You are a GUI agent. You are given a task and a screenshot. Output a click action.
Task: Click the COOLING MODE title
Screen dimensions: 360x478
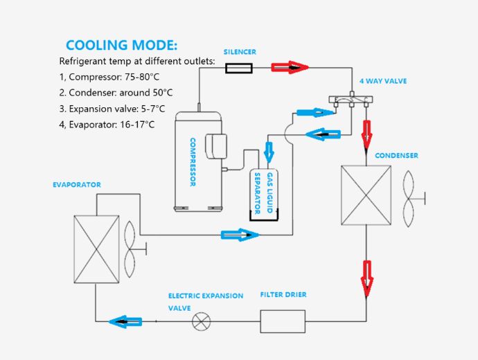click(x=121, y=46)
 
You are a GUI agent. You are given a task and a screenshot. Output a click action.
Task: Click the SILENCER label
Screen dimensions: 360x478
click(x=240, y=52)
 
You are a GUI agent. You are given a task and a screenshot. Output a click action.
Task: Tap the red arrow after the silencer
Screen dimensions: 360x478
click(x=289, y=67)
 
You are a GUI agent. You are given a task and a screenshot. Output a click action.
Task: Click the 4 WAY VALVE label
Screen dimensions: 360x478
click(x=383, y=81)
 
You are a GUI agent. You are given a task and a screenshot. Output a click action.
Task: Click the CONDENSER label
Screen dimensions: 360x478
click(x=396, y=156)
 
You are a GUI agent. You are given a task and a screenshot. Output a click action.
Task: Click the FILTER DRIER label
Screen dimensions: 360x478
click(x=283, y=295)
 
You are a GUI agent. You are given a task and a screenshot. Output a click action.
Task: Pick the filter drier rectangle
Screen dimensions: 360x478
click(x=283, y=321)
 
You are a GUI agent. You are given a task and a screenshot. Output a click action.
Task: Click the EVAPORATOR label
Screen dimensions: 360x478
click(x=77, y=185)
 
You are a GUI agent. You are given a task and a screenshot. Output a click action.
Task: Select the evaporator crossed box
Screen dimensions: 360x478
click(x=96, y=247)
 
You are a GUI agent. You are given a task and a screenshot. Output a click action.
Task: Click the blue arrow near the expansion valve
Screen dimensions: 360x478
click(x=125, y=321)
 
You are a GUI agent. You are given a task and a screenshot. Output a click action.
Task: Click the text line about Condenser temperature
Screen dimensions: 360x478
click(x=116, y=92)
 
